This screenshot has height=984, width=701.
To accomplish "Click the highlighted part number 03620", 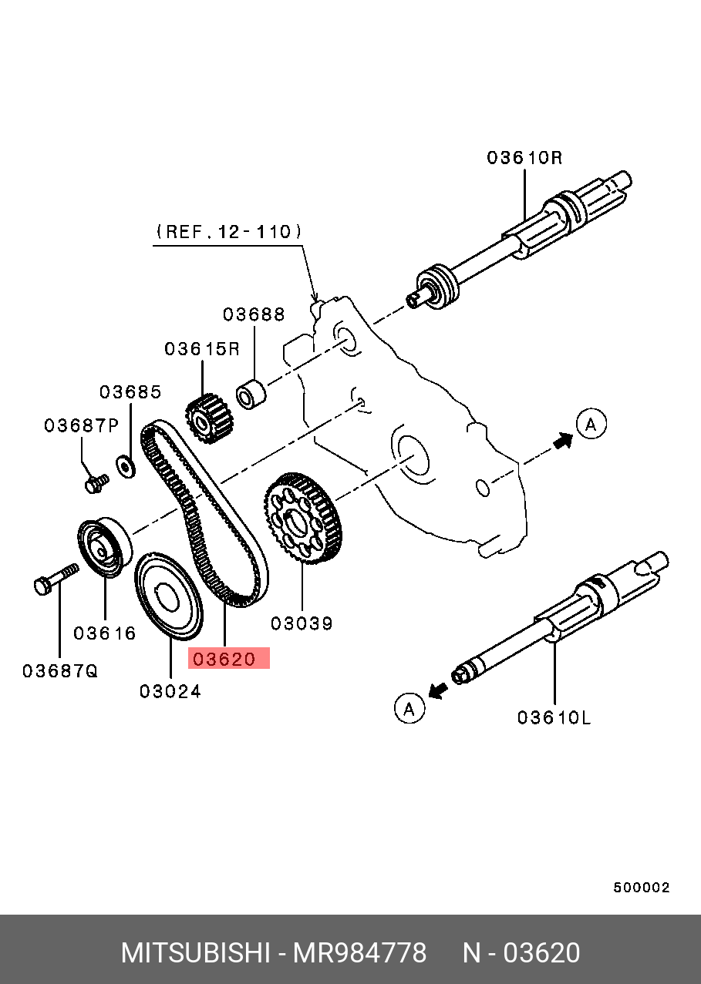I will (x=228, y=659).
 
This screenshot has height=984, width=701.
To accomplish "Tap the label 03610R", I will (x=524, y=158).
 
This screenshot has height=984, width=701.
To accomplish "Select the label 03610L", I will (x=554, y=717).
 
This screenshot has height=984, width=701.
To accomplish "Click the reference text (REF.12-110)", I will (x=228, y=230).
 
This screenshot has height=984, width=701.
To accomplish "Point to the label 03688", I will (x=254, y=314).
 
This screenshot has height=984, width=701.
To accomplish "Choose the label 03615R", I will (x=202, y=349).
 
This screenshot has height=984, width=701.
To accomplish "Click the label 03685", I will (x=130, y=391).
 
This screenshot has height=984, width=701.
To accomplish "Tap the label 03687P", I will (x=81, y=425).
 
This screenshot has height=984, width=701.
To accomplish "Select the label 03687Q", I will (x=60, y=670).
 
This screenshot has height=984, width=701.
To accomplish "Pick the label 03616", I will (x=105, y=633).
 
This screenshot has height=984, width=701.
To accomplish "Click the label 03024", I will (x=170, y=691).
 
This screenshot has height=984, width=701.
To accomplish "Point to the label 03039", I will (x=302, y=623).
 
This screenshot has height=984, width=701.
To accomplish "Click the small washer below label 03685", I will (x=123, y=465).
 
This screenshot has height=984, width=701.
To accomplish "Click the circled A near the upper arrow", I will (x=591, y=424).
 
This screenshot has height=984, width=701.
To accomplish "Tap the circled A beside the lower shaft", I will (x=409, y=707).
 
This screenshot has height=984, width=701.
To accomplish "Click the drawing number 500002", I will (x=642, y=887).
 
